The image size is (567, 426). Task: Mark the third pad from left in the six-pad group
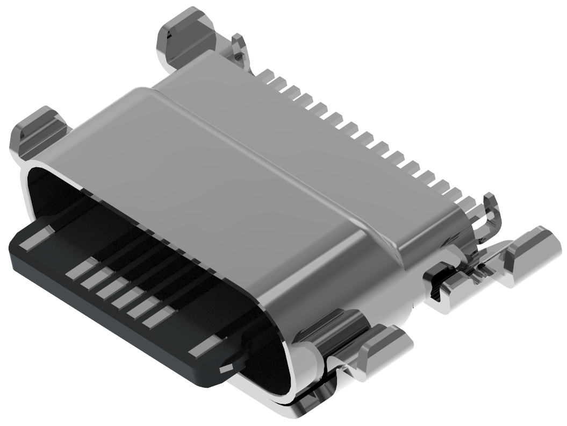click(x=112, y=287)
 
